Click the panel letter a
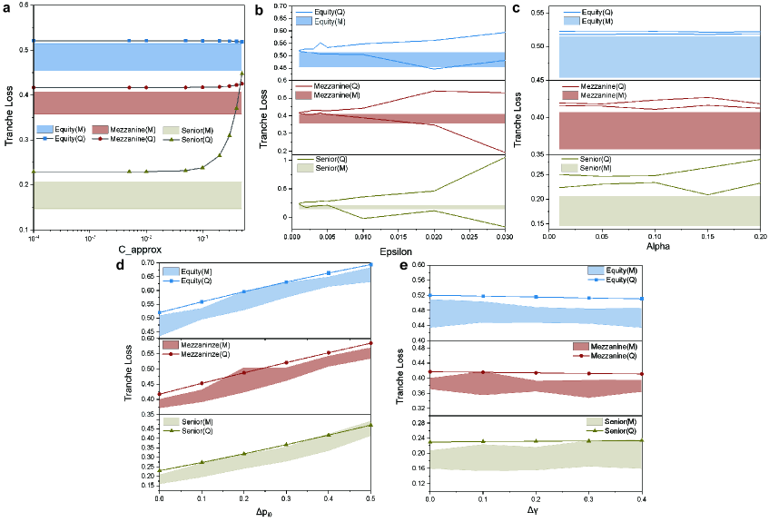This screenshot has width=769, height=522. tap(8, 9)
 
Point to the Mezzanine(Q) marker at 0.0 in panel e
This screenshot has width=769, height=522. tap(429, 371)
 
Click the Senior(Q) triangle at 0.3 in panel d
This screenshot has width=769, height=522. tap(285, 445)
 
